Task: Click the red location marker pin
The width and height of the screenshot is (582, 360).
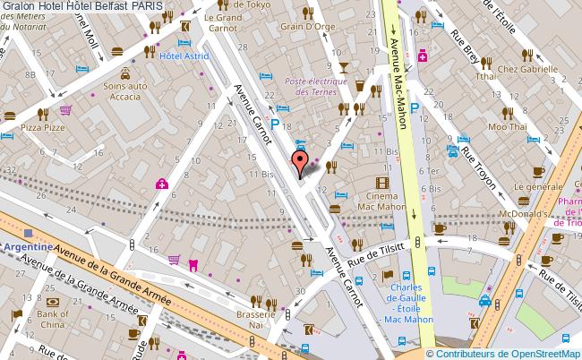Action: [x=301, y=161]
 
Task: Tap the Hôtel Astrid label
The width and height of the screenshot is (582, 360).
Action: [x=184, y=56]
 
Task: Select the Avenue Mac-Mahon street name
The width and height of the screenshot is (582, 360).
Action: [x=398, y=81]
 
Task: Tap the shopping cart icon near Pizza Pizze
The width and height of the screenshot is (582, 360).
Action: [x=65, y=111]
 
